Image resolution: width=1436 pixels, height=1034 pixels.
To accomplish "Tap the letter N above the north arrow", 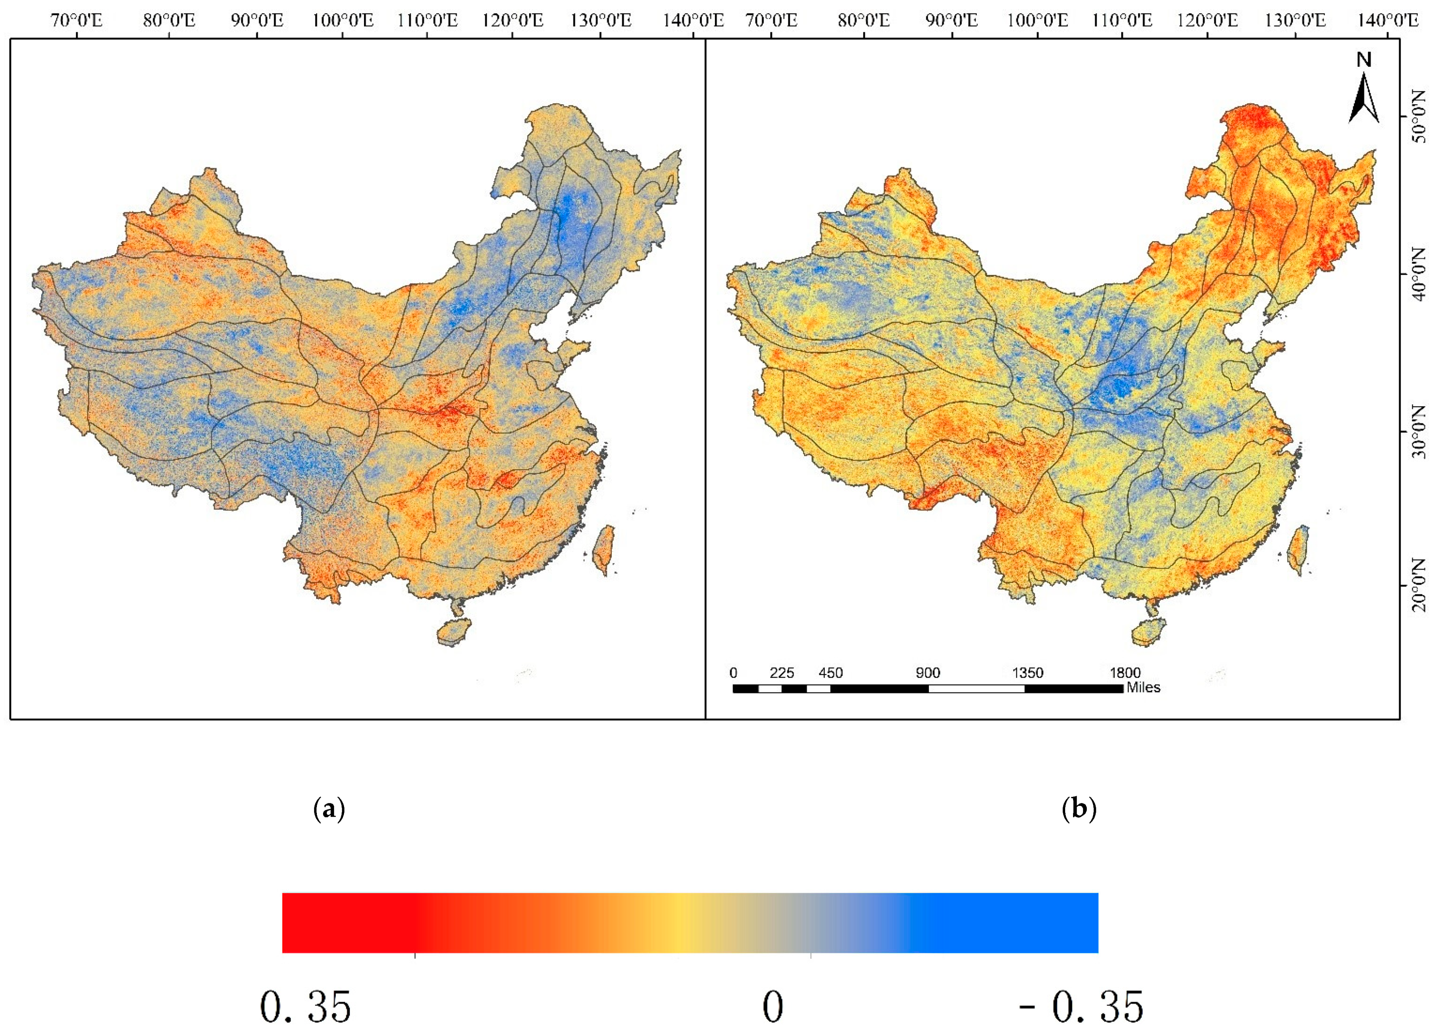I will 1364,60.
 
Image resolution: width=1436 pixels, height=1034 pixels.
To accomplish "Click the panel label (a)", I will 329,809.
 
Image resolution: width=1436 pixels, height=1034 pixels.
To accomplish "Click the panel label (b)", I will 1078,809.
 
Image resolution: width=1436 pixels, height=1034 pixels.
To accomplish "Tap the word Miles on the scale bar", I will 1143,688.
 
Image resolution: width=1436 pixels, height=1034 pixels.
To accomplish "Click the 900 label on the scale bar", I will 928,673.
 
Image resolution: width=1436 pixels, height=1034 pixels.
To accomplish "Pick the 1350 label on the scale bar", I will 1027,673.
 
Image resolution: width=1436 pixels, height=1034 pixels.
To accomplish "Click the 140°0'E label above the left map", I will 693,21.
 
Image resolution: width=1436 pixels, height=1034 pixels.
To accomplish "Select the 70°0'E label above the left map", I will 77,21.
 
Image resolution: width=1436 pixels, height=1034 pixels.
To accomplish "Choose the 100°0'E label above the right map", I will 1037,21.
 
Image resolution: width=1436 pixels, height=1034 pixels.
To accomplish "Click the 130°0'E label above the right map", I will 1295,21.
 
